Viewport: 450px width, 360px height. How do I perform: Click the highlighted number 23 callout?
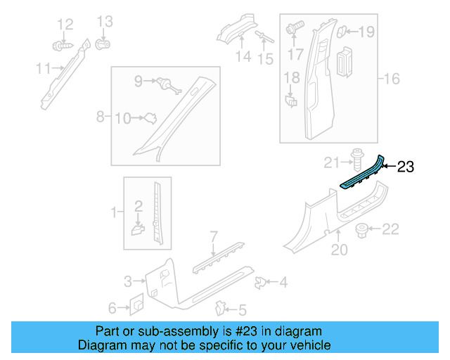(406, 167)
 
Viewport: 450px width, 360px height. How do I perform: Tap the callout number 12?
(65, 25)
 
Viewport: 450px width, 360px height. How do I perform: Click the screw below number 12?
(60, 46)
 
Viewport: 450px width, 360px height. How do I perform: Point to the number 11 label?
(43, 68)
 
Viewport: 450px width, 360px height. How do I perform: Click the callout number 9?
(139, 82)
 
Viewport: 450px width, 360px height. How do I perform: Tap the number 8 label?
(101, 115)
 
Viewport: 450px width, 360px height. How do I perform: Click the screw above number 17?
(295, 30)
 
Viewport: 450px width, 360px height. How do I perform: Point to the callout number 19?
(368, 32)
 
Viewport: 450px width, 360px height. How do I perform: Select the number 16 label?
(391, 79)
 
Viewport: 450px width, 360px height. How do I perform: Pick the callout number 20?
(339, 249)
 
